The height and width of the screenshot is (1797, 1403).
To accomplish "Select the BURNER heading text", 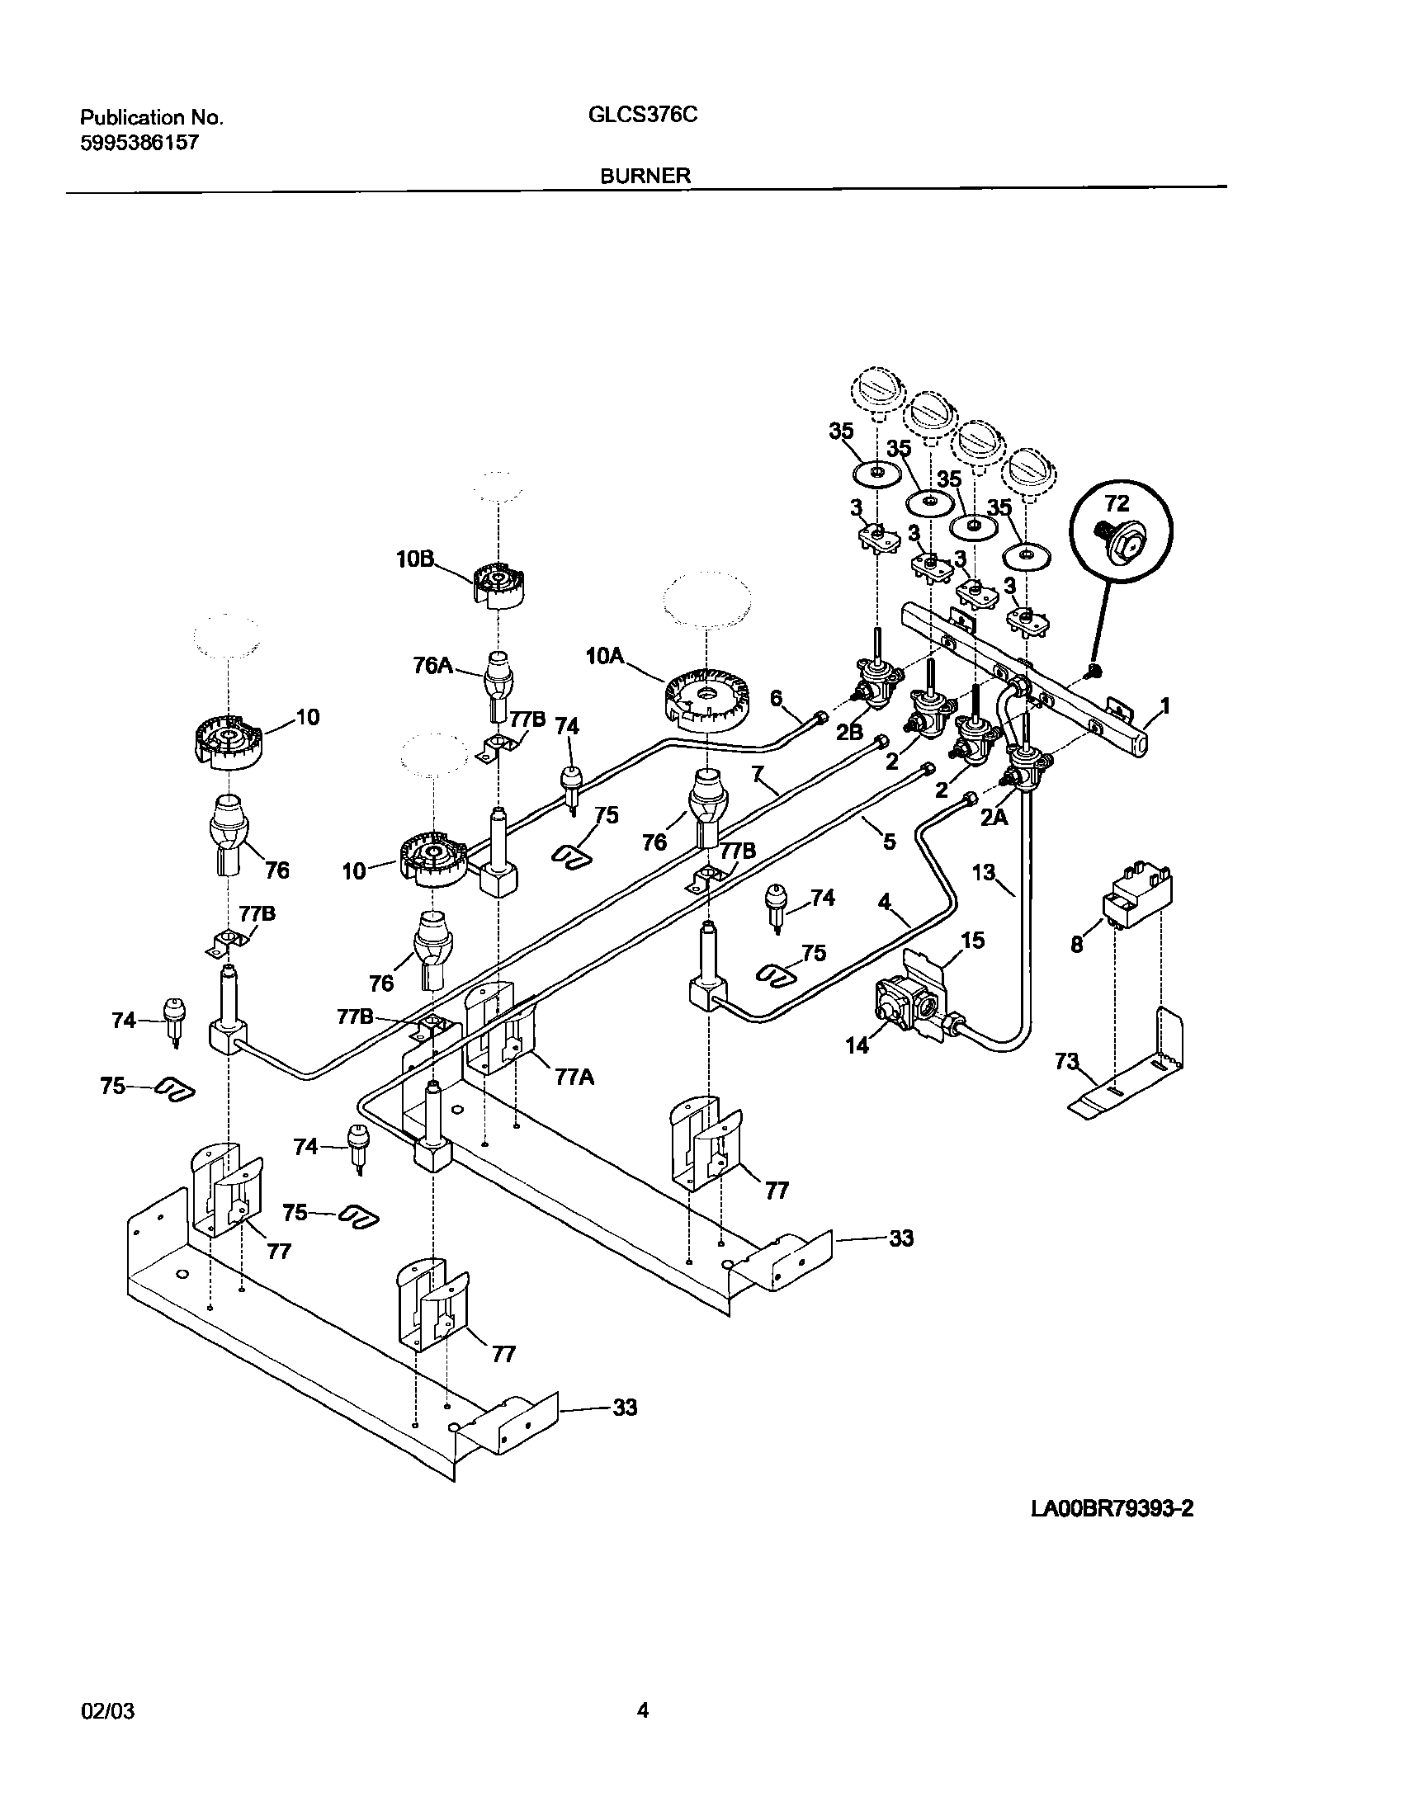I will [646, 176].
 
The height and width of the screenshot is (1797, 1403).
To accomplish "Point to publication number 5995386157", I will [139, 143].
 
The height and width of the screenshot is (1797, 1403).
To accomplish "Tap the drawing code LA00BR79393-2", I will [1112, 1508].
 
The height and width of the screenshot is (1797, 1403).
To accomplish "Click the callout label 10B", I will [414, 559].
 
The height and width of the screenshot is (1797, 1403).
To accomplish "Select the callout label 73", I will [1068, 1062].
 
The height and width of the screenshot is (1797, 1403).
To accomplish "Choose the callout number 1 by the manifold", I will [1164, 705].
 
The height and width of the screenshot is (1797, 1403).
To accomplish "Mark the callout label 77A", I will [574, 1076].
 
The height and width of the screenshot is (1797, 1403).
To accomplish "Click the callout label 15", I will [973, 940].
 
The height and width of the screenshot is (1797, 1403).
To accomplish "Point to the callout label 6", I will [776, 698].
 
